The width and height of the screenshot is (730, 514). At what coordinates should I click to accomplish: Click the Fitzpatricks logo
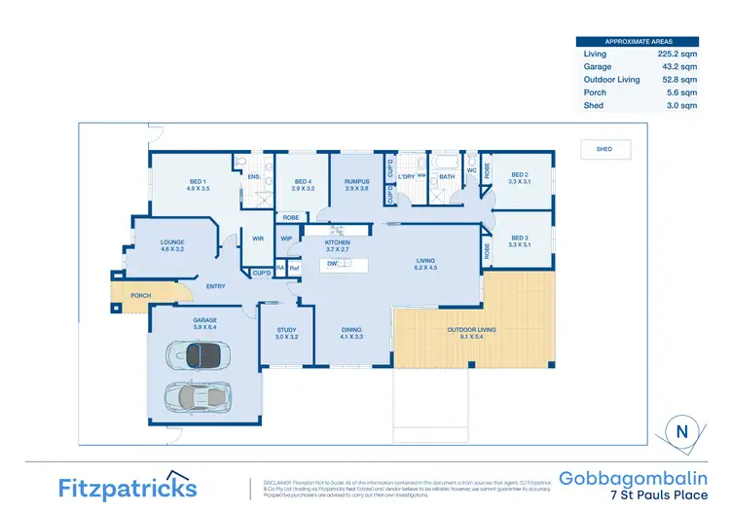click(x=128, y=486)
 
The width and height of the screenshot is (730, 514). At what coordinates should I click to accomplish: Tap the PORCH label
click(x=141, y=296)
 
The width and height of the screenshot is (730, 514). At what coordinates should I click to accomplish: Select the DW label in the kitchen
click(x=332, y=264)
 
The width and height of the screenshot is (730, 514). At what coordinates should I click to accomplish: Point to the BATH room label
click(x=447, y=176)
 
